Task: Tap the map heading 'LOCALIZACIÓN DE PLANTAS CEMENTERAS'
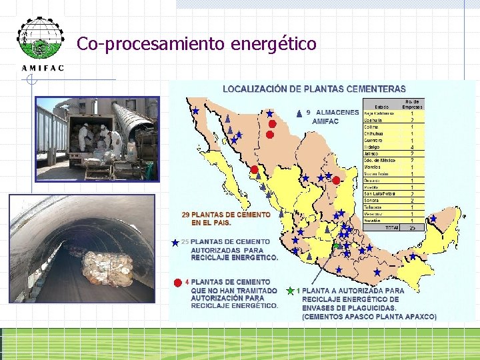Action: click(313, 89)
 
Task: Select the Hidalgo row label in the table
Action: click(373, 147)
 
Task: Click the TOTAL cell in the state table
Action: click(391, 227)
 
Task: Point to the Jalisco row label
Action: click(373, 153)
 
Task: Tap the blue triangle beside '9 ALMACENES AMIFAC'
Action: click(298, 112)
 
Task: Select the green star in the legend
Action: click(290, 291)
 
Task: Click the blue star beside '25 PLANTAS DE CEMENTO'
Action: click(175, 243)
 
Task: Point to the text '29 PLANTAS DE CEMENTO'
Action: click(227, 215)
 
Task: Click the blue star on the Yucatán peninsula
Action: click(433, 218)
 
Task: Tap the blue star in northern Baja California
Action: click(195, 111)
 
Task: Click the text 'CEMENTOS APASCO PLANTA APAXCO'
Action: click(370, 317)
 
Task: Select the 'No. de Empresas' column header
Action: click(412, 104)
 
